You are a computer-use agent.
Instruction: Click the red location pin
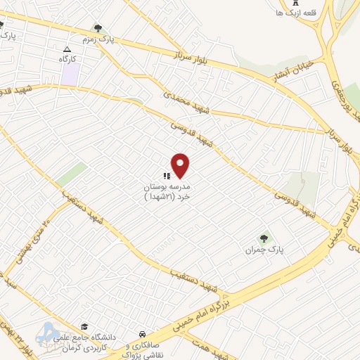[181, 165]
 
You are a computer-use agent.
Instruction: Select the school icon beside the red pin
[167, 176]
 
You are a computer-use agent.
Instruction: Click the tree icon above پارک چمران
[264, 238]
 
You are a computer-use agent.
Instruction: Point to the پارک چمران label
[263, 250]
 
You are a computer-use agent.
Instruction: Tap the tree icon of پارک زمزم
[98, 29]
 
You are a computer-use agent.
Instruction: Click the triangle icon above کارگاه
[67, 49]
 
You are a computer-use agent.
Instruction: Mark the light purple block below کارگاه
[69, 75]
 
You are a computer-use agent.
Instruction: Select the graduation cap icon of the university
[84, 327]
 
